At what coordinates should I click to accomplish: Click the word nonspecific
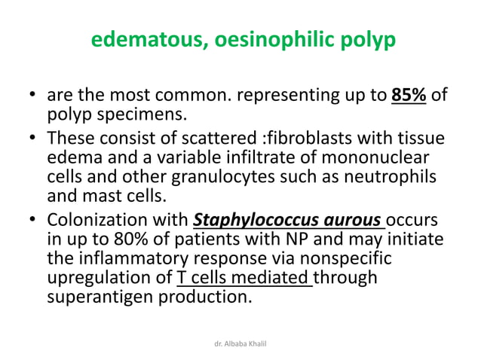[x=375, y=260]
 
